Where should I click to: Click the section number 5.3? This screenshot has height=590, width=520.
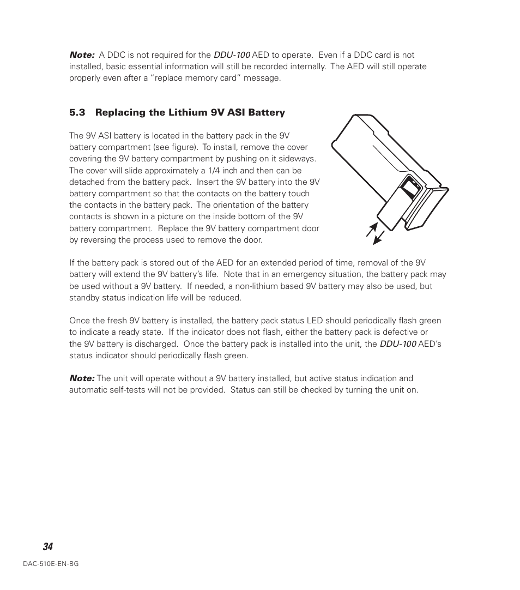coord(77,113)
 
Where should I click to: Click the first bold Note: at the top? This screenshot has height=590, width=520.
coord(82,55)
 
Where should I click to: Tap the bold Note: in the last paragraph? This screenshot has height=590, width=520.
coord(82,378)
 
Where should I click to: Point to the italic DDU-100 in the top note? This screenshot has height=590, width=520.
coord(232,55)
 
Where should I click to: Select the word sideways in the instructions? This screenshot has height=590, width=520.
coord(299,159)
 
